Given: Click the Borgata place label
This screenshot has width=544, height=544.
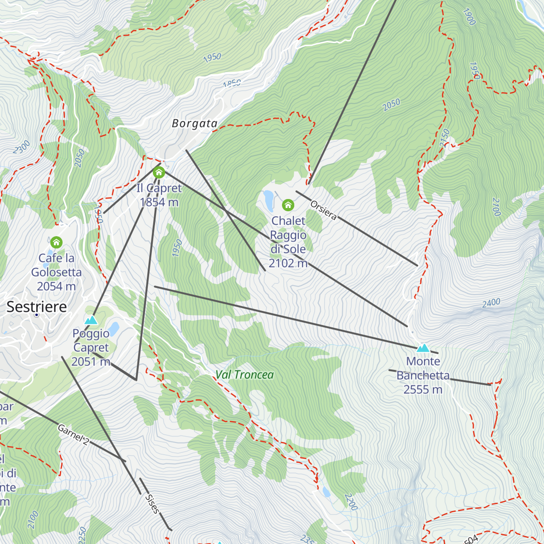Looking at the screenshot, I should (194, 123).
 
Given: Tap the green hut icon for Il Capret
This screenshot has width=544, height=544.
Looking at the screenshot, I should (159, 173).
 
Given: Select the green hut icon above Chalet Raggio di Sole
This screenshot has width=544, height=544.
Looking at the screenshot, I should (288, 205).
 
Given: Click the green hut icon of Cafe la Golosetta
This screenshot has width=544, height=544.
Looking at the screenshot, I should (56, 242).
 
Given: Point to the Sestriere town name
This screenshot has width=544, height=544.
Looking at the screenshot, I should (37, 307).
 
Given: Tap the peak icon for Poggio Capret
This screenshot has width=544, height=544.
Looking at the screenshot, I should (91, 320).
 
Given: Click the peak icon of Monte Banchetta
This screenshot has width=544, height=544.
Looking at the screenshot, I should (423, 348).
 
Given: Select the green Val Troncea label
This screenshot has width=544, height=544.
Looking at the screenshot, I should (244, 375).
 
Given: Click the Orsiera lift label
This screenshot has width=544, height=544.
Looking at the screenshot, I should (323, 210).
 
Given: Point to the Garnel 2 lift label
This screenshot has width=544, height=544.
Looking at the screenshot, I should (73, 434).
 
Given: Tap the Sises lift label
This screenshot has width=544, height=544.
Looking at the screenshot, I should (152, 504).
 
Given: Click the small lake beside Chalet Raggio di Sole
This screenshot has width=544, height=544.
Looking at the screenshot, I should (269, 201).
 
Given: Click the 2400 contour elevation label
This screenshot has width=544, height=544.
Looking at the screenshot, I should (491, 303).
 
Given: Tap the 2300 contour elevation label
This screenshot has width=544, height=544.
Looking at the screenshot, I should (21, 147).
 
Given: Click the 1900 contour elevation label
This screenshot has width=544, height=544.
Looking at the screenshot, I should (469, 17).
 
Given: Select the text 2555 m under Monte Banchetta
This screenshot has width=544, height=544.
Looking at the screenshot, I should (423, 389).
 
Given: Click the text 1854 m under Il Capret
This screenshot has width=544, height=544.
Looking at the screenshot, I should (159, 202).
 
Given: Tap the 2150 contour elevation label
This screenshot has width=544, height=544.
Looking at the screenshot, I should (444, 138).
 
